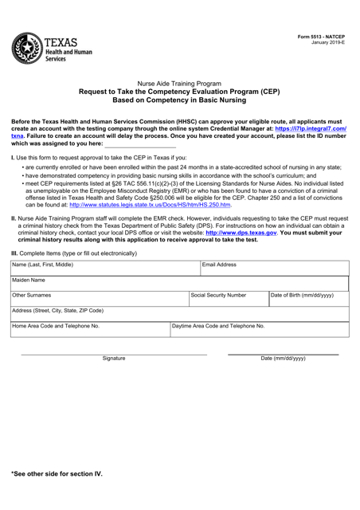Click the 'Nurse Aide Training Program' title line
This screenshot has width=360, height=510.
pos(180,83)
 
